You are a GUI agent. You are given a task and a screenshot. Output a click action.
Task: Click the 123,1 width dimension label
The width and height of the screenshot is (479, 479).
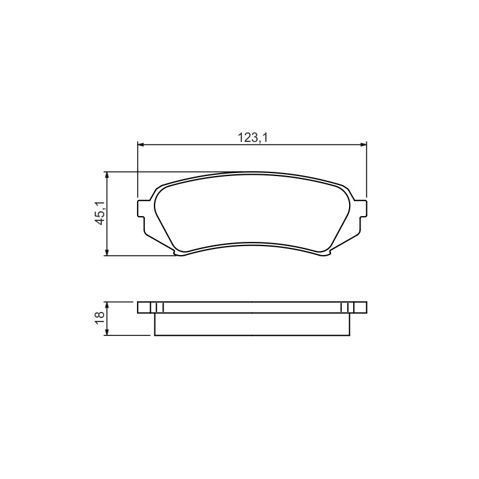click(253, 138)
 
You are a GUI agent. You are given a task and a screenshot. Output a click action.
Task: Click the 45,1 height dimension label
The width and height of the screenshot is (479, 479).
click(100, 213)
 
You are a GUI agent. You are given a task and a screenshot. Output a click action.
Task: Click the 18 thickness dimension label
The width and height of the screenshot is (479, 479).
click(100, 319)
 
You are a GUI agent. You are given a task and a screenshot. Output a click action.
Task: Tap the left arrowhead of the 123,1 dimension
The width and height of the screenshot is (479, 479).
click(141, 144)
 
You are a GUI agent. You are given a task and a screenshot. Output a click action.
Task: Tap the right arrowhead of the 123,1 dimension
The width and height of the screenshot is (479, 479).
click(363, 144)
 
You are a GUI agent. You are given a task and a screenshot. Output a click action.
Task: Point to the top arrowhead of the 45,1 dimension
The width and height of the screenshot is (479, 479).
click(107, 175)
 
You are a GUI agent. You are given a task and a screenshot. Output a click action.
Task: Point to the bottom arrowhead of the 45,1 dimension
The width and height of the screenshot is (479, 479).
click(107, 252)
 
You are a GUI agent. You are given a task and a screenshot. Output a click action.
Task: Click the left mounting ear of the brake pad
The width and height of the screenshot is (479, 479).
click(141, 208)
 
